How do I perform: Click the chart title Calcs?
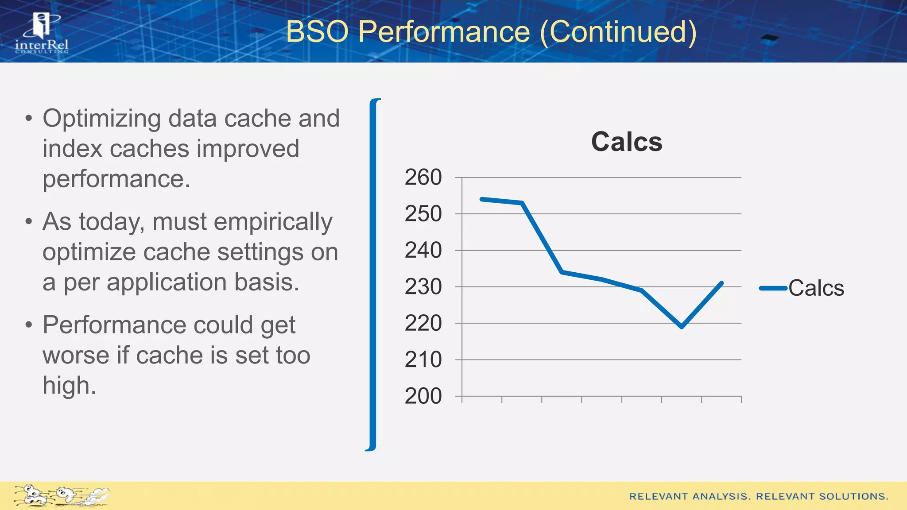point(626,142)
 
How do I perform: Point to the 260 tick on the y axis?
point(423,178)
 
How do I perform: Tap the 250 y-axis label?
point(423,214)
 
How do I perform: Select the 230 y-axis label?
point(423,287)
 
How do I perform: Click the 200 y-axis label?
point(423,396)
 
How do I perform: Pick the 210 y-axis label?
point(423,360)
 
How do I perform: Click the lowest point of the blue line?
point(682,327)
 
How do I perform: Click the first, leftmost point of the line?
point(482,199)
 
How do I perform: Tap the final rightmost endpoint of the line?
point(722,283)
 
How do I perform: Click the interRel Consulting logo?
point(42,34)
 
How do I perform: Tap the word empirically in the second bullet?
point(242,222)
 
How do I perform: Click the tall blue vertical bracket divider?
point(374,274)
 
